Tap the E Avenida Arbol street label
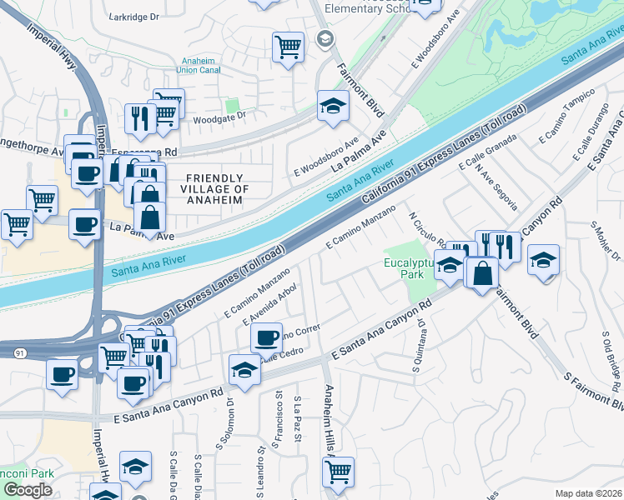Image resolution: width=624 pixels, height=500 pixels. pyautogui.click(x=269, y=305)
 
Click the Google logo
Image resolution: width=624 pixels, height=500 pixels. pyautogui.click(x=28, y=490)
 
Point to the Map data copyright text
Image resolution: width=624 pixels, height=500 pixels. pyautogui.click(x=589, y=493)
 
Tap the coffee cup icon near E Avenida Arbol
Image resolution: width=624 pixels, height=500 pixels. pyautogui.click(x=266, y=337)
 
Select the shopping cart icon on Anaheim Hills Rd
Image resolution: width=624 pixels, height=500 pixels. pyautogui.click(x=338, y=472)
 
